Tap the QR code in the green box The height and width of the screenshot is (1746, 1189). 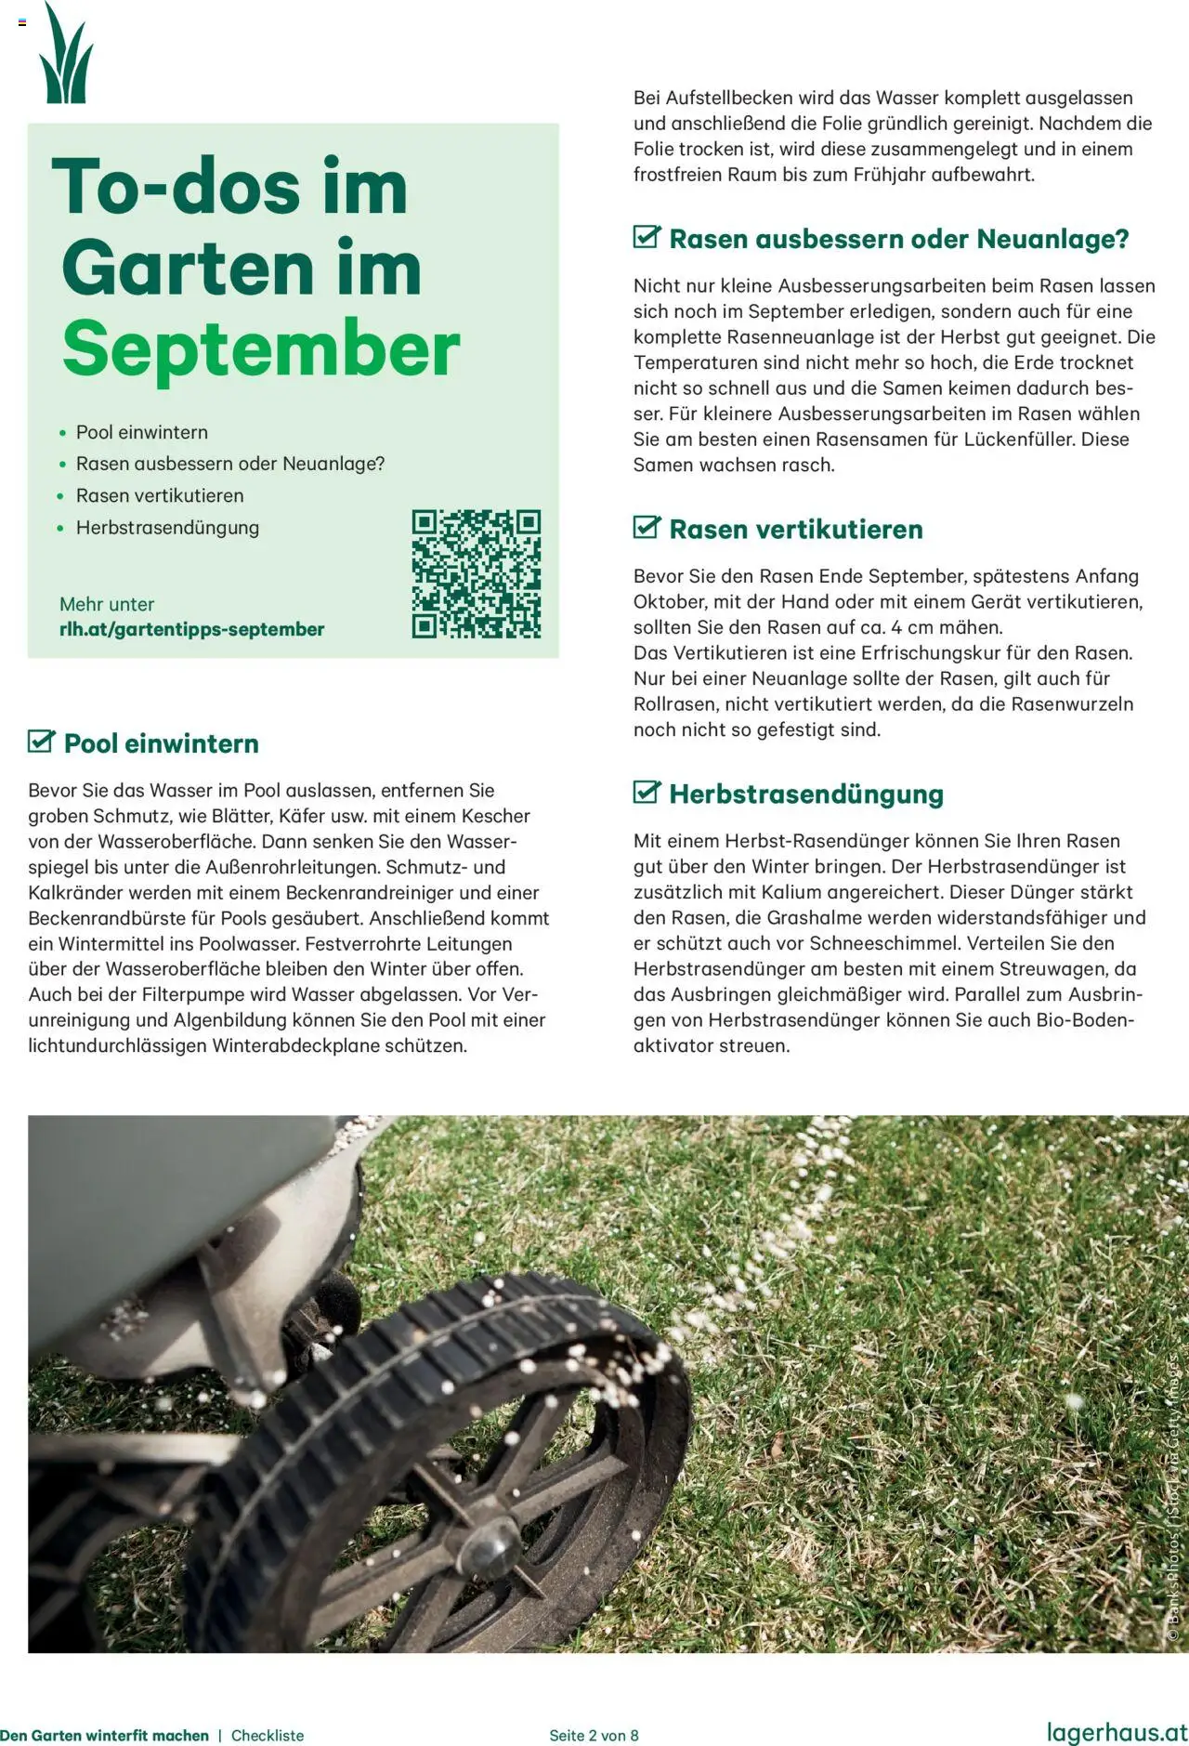point(477,573)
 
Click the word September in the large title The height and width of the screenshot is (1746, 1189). point(261,349)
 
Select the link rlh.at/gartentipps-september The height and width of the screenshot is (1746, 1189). point(191,629)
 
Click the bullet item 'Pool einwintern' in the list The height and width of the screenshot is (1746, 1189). point(141,432)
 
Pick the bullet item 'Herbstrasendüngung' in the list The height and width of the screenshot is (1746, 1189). point(167,528)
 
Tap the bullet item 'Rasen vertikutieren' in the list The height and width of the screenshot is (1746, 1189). point(160,496)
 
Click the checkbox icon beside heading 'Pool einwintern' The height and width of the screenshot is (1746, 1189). point(42,742)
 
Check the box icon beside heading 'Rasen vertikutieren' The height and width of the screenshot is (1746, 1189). point(647,527)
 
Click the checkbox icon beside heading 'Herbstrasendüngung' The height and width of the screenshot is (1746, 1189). point(647,792)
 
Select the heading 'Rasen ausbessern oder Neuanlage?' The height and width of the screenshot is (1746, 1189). point(898,239)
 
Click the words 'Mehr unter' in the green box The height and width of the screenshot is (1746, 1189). point(107,604)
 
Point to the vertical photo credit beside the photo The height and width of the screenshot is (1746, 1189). point(1174,1505)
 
